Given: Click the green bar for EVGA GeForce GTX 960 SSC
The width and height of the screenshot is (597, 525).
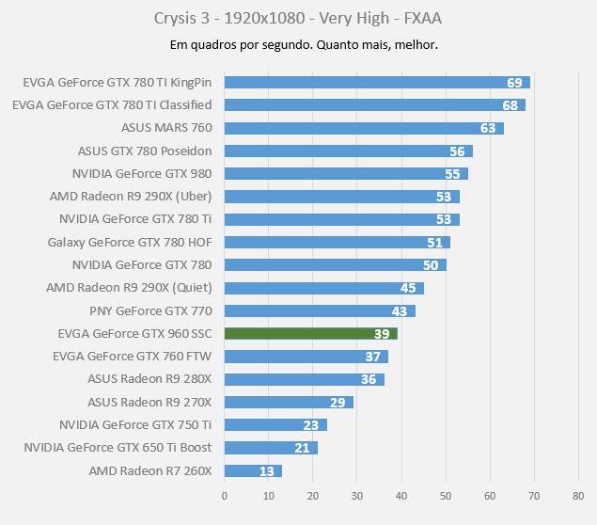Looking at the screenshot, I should (310, 333).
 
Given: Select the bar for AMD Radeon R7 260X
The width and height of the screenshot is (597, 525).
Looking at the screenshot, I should (253, 470).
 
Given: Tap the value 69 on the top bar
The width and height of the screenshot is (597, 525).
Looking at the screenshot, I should (514, 83).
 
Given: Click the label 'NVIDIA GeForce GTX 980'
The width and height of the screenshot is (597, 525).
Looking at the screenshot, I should (141, 173).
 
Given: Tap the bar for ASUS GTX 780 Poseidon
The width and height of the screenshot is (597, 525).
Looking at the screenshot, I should (348, 151).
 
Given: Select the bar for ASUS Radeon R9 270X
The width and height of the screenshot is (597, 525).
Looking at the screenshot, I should (289, 402).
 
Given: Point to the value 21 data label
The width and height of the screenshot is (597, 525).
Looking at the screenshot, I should (302, 448).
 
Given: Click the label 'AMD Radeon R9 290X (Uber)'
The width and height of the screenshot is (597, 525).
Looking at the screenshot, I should (130, 197).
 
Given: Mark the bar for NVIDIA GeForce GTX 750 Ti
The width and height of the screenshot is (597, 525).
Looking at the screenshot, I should (275, 424).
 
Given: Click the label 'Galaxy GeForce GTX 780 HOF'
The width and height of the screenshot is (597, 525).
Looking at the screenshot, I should (129, 242).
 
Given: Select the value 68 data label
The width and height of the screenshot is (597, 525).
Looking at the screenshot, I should (511, 105).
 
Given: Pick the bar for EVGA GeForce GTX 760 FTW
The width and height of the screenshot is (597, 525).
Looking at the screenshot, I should (306, 357).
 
